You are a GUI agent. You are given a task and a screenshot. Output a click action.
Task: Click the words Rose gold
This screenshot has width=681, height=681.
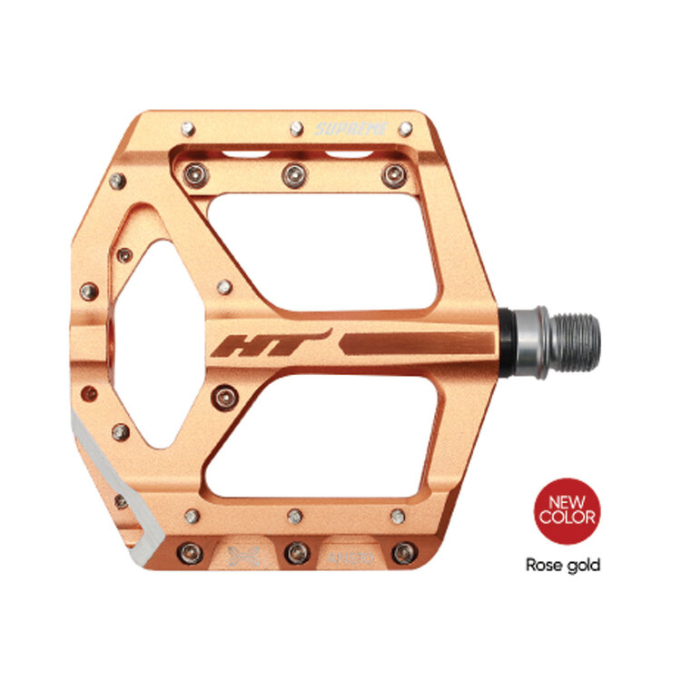coord(564,565)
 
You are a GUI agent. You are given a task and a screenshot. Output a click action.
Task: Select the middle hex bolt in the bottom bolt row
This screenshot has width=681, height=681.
coord(293,551)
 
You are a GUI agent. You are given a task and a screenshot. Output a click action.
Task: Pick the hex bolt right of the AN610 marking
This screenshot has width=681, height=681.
coord(400,551)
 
